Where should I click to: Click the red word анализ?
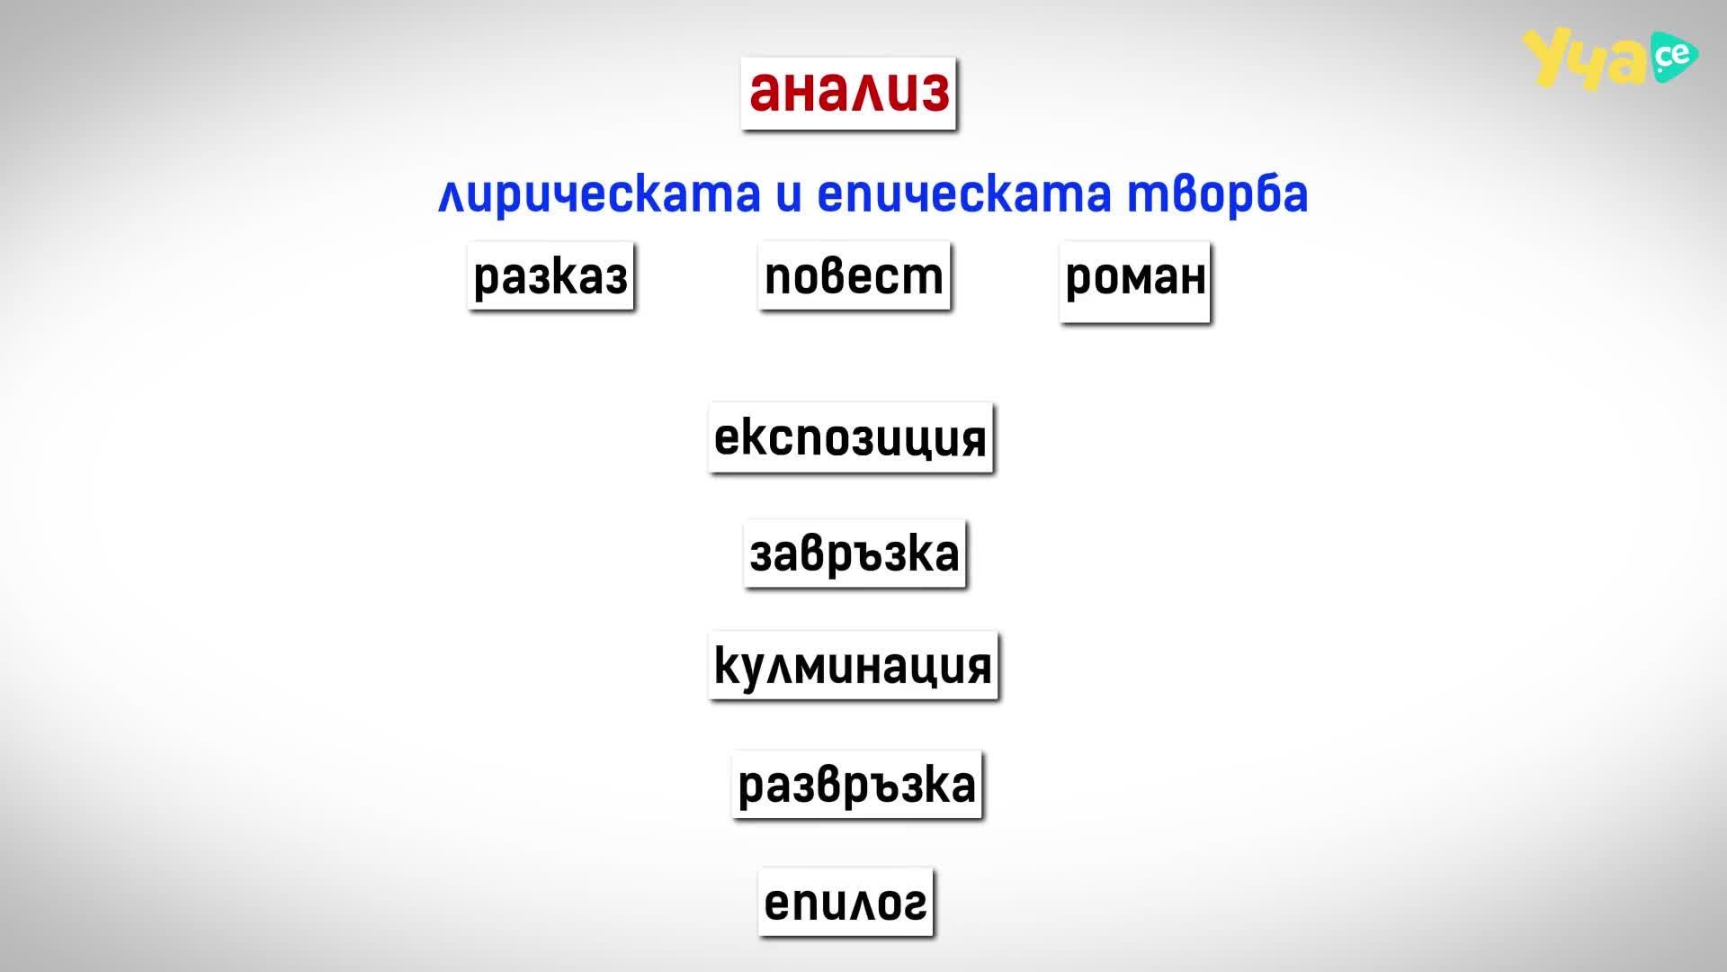tap(849, 92)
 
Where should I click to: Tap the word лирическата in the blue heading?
tap(599, 194)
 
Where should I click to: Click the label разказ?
tap(550, 276)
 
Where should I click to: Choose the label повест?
tap(854, 275)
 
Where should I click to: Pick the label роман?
tap(1135, 280)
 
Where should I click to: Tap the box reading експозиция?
tap(850, 438)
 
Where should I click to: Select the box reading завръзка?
tap(855, 553)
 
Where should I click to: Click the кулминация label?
tap(853, 667)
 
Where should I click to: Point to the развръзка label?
tap(856, 785)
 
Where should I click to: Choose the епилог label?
tap(846, 902)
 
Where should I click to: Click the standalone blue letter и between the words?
tap(789, 195)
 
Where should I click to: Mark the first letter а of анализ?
tap(764, 93)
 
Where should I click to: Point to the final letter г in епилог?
tap(915, 903)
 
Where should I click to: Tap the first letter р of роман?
tap(1079, 282)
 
